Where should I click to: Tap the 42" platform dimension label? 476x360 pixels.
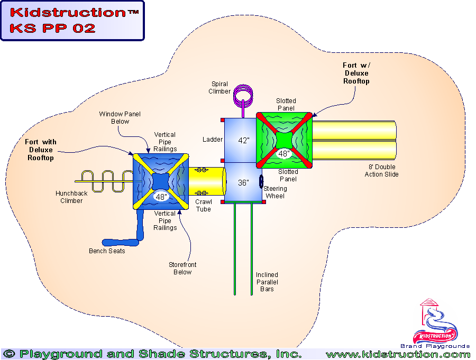tap(243, 141)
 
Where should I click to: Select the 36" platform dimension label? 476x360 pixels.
tap(243, 183)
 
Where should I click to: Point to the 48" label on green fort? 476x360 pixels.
tap(284, 154)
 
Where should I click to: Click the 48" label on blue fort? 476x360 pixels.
tap(160, 197)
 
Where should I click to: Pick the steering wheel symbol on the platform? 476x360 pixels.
tap(261, 181)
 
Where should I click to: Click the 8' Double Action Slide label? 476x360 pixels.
tap(381, 171)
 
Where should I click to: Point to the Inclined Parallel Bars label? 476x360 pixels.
tap(267, 282)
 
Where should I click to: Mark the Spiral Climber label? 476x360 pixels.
tap(220, 87)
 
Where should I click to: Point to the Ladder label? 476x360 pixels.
tap(212, 140)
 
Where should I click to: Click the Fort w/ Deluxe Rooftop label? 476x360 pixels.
tap(356, 73)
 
